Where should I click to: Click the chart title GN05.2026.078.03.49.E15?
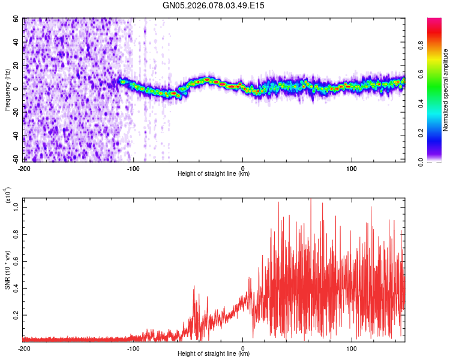(x=214, y=5)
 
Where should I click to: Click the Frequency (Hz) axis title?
(x=7, y=90)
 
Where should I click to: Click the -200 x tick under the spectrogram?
(x=24, y=167)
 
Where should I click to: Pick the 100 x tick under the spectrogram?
(x=352, y=167)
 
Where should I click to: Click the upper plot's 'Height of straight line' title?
(x=214, y=173)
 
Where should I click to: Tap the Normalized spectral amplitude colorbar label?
(x=446, y=90)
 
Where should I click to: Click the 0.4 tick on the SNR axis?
(x=16, y=287)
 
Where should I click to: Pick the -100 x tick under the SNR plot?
(x=134, y=347)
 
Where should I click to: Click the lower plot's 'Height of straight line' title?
(x=214, y=353)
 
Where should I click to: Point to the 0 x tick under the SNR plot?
(x=243, y=347)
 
